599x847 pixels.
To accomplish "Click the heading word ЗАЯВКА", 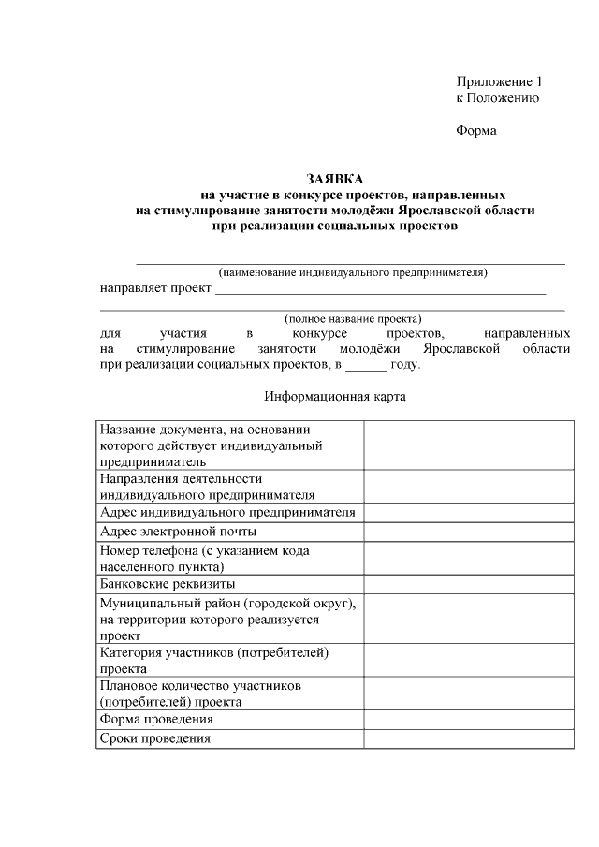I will pyautogui.click(x=335, y=179).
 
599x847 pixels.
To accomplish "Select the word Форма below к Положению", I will pyautogui.click(x=476, y=130).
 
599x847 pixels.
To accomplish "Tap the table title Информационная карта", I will pyautogui.click(x=335, y=396).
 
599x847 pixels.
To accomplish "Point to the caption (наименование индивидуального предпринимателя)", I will pyautogui.click(x=353, y=272).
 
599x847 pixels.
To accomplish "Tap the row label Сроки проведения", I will pyautogui.click(x=154, y=738).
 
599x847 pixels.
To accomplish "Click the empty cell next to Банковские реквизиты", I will pyautogui.click(x=468, y=583).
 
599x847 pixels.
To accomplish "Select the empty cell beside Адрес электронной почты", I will pyautogui.click(x=468, y=532).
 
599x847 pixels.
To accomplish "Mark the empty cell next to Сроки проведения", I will pyautogui.click(x=468, y=738).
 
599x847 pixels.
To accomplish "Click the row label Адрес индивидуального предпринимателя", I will pyautogui.click(x=227, y=512).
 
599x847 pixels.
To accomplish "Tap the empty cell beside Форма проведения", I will pyautogui.click(x=468, y=720).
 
